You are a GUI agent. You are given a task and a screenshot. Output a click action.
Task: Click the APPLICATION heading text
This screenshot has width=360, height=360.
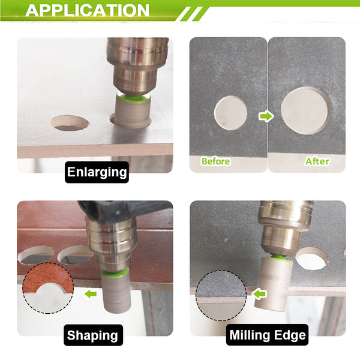click(87, 10)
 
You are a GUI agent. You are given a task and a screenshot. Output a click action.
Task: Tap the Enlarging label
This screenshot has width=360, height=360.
click(97, 172)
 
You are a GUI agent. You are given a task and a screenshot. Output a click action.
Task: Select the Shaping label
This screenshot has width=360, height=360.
click(93, 335)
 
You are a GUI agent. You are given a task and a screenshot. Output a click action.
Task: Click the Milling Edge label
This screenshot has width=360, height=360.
click(267, 335)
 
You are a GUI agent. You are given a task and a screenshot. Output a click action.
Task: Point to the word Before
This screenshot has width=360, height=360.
click(215, 161)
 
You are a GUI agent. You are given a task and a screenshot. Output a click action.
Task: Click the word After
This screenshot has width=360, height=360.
click(317, 161)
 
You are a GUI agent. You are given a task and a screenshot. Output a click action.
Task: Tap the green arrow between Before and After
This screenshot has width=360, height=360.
click(266, 116)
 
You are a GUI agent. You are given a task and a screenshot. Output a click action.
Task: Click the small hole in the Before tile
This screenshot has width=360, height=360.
click(230, 113)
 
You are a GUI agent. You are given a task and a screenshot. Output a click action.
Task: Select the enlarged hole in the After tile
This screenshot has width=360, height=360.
click(305, 110)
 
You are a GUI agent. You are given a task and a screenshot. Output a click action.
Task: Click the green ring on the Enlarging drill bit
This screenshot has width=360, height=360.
click(133, 97)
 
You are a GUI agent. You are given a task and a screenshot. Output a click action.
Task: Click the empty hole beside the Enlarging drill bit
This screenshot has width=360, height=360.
click(70, 123)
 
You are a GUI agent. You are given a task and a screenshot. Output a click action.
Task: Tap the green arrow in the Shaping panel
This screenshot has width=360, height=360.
click(91, 293)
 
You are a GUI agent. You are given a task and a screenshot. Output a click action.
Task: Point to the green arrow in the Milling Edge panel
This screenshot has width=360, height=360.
click(259, 294)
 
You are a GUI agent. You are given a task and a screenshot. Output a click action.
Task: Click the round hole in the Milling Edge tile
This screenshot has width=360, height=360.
click(312, 259)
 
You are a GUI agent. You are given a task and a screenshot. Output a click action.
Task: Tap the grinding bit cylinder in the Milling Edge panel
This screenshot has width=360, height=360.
click(274, 284)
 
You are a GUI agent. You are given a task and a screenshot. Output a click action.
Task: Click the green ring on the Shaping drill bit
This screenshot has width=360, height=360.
click(115, 273)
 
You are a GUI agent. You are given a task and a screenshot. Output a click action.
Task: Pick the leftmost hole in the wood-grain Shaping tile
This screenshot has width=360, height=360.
click(36, 256)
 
